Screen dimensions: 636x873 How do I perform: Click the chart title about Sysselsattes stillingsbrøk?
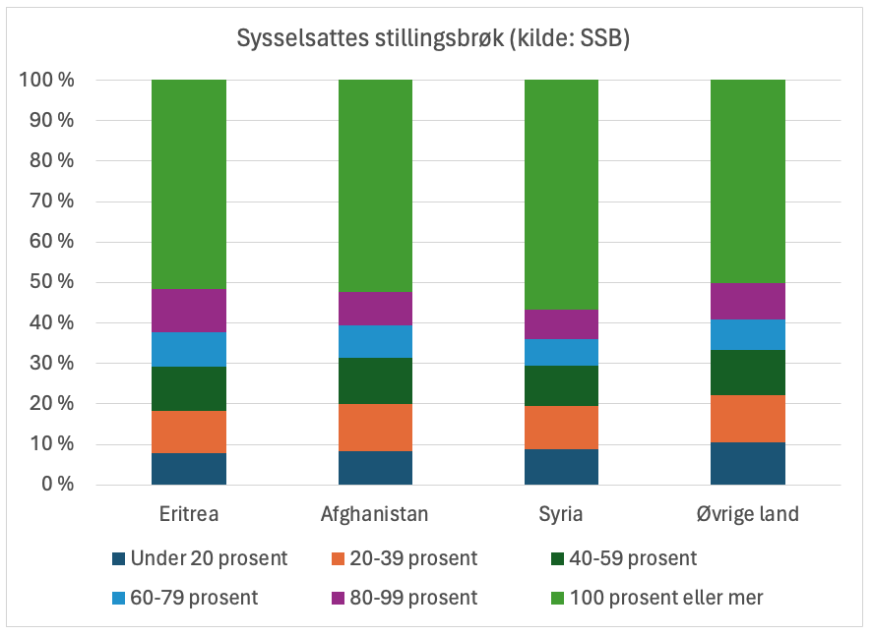point(433,39)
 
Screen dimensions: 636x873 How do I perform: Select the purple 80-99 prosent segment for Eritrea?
point(189,311)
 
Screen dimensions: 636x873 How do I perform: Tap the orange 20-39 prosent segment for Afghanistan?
point(375,428)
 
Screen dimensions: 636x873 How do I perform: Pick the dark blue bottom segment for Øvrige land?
point(748,463)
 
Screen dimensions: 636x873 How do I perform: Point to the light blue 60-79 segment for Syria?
point(561,352)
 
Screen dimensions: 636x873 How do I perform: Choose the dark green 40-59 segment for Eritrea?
point(189,388)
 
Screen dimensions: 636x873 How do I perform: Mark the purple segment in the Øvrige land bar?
point(748,301)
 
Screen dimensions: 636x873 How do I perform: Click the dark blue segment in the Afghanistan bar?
point(375,468)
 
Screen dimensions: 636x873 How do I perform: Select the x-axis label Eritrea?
point(189,514)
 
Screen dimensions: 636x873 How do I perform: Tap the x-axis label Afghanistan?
point(375,514)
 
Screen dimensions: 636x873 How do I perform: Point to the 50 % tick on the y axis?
point(47,282)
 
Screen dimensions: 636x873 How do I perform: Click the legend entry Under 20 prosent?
point(201,558)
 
